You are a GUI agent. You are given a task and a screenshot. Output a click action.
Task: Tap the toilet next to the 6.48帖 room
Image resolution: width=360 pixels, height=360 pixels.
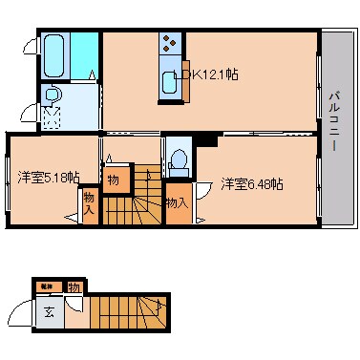pos(178,159)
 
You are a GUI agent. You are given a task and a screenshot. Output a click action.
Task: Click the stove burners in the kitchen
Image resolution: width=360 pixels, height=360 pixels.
pos(170,45)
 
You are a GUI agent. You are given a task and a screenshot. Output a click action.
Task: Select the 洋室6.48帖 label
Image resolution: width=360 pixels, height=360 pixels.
pos(252,183)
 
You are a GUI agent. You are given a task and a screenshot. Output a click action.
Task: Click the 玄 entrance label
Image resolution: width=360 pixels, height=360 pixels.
pos(47,308)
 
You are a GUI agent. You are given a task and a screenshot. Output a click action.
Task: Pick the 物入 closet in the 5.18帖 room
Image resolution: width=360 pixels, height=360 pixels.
pos(89,202)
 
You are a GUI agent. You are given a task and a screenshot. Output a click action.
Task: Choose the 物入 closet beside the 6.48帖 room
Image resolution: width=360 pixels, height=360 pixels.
pos(176,202)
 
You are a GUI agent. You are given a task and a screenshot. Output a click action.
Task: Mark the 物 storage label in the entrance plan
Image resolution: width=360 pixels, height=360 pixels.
pos(72,286)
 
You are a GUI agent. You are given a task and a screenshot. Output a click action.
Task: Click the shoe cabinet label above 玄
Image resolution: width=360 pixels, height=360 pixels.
pos(46,286)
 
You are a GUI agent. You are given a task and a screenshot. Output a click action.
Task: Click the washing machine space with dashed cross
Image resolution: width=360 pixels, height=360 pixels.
pos(53,117)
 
